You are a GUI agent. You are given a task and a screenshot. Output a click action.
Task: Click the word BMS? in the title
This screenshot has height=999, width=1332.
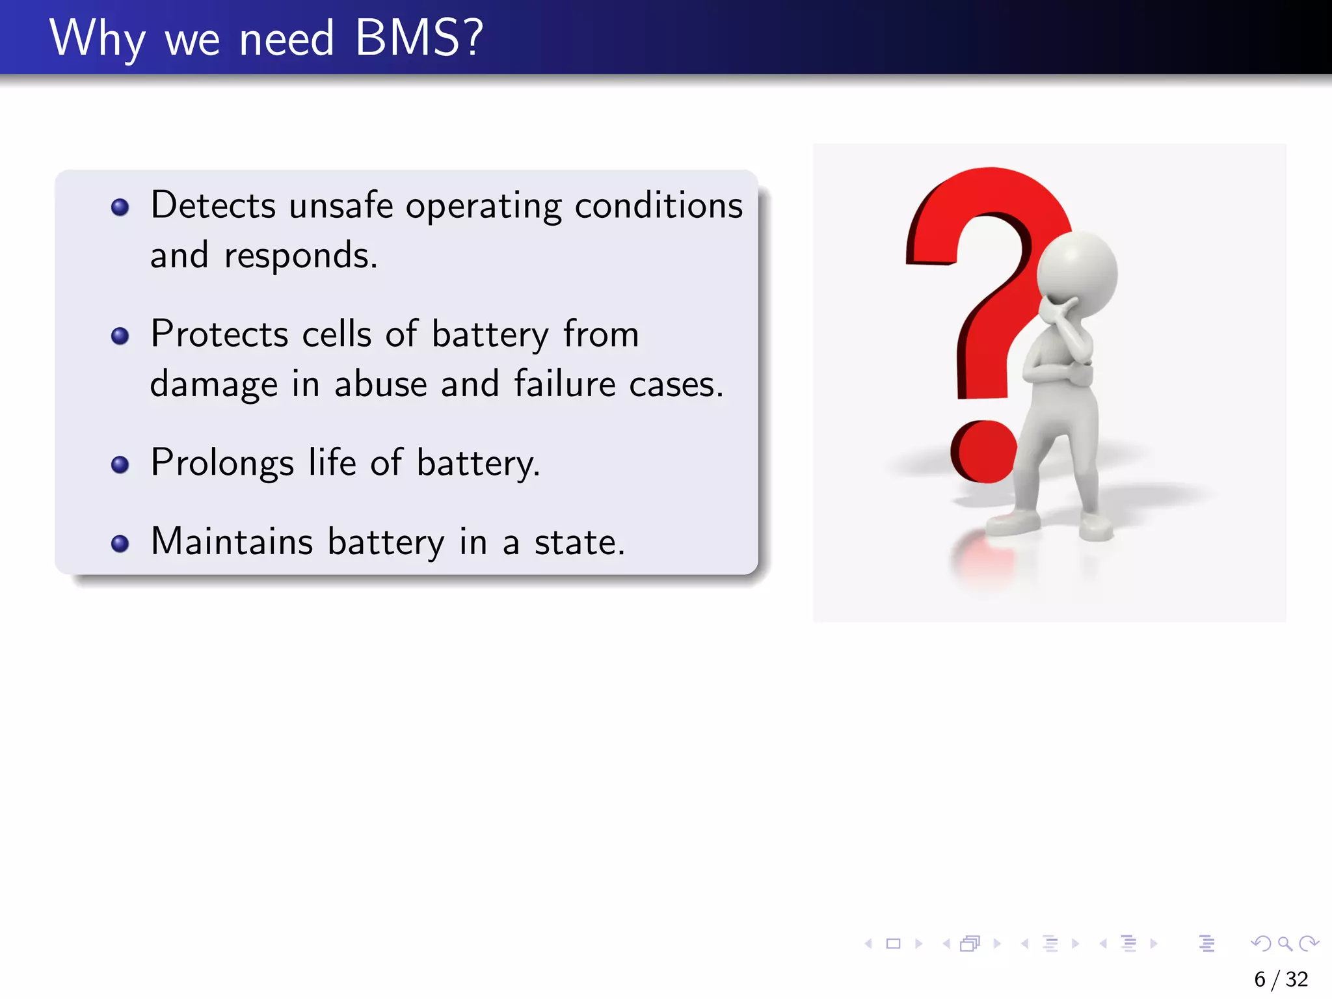420,38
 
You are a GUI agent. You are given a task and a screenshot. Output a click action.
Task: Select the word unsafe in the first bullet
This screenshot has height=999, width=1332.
341,206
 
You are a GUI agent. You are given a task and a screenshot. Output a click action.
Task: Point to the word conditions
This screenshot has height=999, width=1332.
658,206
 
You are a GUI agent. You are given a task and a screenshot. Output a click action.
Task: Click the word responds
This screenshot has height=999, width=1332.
300,256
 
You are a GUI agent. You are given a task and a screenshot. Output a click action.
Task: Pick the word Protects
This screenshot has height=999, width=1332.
220,334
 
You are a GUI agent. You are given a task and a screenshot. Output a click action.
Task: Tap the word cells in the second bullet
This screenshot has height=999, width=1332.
337,334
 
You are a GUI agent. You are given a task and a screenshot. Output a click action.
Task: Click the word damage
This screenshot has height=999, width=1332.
214,385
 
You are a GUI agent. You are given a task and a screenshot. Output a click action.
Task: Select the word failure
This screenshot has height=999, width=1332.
565,384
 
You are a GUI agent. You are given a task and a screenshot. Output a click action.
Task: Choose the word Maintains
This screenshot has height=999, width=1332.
232,542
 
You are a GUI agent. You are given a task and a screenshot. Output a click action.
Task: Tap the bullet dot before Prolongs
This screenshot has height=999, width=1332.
120,464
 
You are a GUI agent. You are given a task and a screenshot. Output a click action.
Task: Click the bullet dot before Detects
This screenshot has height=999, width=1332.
120,207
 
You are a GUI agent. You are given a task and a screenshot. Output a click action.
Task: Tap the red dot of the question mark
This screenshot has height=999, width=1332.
983,451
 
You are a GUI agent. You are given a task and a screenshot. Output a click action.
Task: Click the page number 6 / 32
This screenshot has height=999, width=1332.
1281,979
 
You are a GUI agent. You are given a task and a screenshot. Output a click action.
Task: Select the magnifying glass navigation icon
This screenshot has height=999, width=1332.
1285,943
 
